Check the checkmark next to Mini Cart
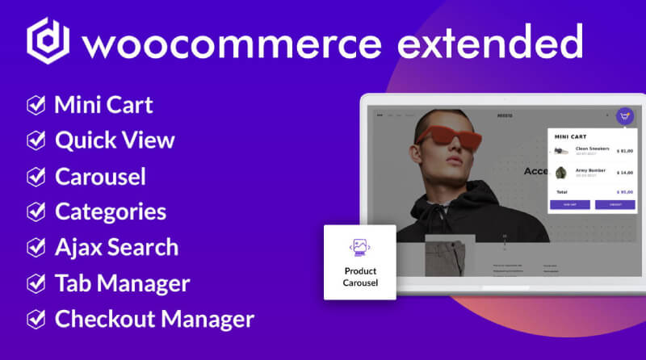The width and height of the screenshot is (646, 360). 36,105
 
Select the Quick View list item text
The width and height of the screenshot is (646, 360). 115,140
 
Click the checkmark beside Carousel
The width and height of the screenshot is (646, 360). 36,176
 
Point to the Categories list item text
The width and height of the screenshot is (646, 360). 111,211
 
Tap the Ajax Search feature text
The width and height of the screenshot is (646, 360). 116,247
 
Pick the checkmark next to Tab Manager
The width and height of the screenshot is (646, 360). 36,283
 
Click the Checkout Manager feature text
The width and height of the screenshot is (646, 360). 154,319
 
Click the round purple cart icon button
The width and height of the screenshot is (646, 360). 624,116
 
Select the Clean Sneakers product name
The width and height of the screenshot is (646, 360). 593,149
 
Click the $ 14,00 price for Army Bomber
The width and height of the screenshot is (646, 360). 624,173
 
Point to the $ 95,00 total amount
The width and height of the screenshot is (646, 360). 624,192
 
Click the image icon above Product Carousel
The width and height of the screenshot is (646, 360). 360,245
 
